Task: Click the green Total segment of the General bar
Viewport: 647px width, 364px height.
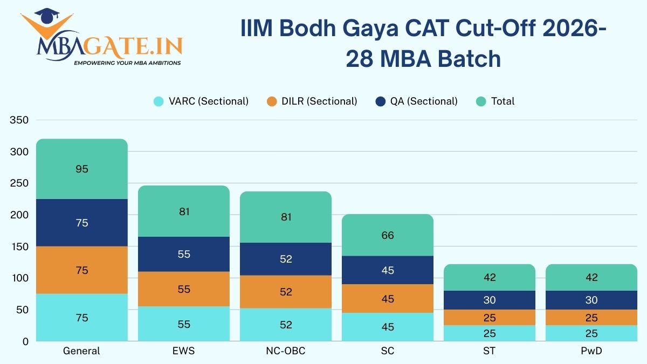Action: (81, 169)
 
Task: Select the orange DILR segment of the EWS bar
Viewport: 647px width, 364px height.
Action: (184, 289)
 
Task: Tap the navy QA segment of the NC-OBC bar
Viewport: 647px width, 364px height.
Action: (286, 259)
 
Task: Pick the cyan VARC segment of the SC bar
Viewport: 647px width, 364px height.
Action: (388, 327)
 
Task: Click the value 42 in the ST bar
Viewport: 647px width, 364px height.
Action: (490, 278)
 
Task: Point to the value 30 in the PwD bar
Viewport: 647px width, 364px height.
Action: (591, 300)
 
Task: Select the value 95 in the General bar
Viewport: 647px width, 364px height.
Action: (82, 169)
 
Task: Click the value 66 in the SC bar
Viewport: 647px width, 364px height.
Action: (388, 235)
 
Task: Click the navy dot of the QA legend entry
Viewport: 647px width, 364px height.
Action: (381, 101)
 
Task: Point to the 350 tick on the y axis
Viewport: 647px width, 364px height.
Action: (19, 120)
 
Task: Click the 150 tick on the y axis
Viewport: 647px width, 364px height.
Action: (19, 246)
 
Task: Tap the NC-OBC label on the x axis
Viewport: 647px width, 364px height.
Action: (286, 351)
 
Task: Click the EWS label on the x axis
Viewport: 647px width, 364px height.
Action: (184, 351)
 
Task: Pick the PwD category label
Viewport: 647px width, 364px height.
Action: (591, 351)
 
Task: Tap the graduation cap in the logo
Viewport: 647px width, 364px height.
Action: (49, 15)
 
